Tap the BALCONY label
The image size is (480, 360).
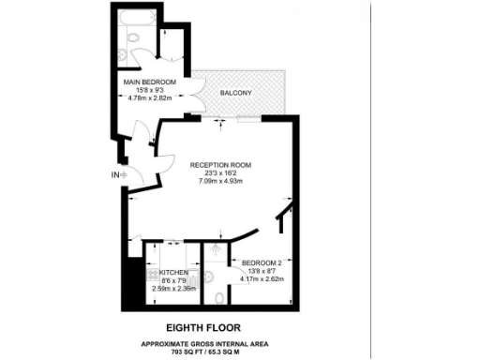click(x=235, y=94)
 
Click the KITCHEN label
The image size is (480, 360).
click(x=173, y=272)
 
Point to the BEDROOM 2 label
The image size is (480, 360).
click(x=262, y=262)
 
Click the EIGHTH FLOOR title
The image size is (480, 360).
click(x=203, y=328)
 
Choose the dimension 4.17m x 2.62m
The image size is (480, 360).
click(x=262, y=279)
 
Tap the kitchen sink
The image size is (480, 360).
click(x=153, y=254)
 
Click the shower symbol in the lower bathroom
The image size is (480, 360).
click(x=217, y=250)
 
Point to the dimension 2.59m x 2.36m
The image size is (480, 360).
click(x=173, y=289)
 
